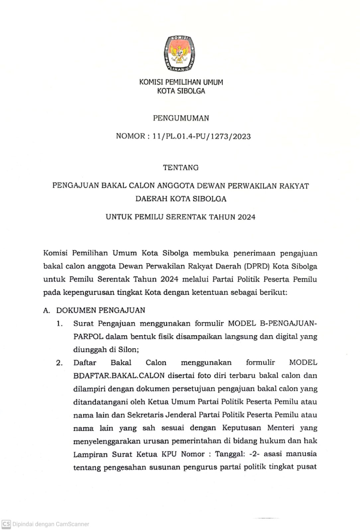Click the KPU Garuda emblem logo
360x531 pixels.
coord(179,54)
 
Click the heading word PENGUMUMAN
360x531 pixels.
coord(181,118)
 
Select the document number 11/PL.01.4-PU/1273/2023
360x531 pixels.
coord(202,136)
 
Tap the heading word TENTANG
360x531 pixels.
coord(181,168)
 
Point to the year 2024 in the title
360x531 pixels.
coord(246,217)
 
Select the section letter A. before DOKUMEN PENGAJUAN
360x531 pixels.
coord(46,310)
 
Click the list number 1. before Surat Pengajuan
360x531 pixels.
coord(59,324)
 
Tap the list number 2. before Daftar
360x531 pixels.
coord(59,363)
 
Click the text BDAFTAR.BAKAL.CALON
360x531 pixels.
coord(119,376)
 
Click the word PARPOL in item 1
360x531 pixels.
coord(88,337)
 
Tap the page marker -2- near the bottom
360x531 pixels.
coord(254,454)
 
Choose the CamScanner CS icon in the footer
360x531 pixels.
coord(6,524)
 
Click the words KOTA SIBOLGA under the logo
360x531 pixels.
coord(181,91)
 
